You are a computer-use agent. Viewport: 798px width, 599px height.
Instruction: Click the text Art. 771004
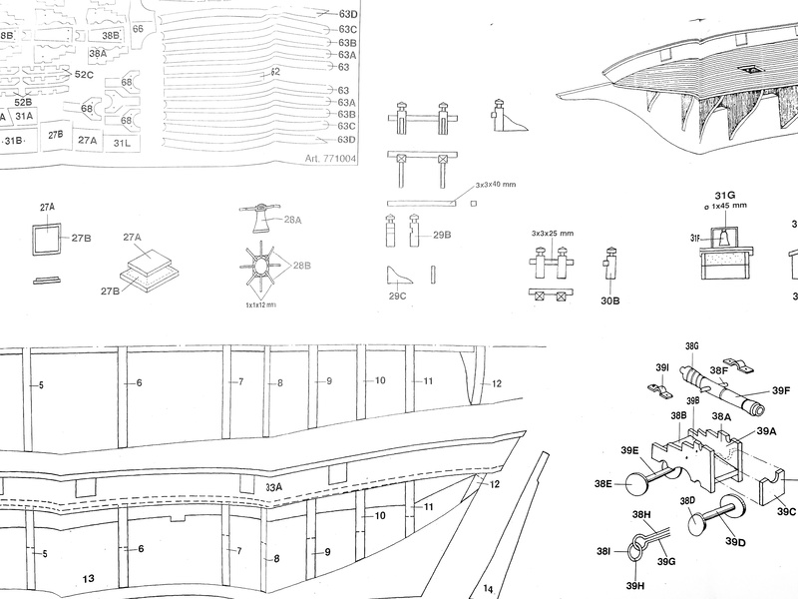(327, 158)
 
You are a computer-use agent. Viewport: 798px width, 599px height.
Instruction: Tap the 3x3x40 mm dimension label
(496, 185)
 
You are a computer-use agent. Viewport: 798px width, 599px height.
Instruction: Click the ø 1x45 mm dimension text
(725, 209)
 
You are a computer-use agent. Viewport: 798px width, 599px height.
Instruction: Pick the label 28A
(293, 219)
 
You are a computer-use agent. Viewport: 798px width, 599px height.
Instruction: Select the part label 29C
(397, 296)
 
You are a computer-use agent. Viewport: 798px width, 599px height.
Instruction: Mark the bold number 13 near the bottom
(88, 578)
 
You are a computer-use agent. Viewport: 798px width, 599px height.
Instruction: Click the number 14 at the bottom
(488, 588)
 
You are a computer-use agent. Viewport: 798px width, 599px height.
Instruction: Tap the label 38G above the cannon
(693, 345)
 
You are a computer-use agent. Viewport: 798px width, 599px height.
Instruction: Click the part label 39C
(786, 511)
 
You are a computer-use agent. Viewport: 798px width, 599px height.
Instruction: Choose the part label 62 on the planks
(275, 72)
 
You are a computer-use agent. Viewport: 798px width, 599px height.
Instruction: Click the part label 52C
(84, 75)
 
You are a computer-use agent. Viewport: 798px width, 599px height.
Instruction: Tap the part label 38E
(602, 483)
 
